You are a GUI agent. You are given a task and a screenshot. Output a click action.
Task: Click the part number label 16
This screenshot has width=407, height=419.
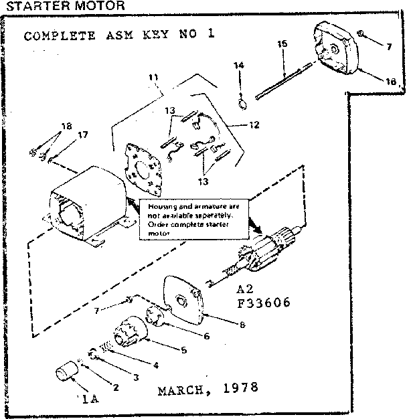click(x=391, y=82)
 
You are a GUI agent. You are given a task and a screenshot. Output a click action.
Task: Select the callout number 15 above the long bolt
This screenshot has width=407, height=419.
click(x=282, y=44)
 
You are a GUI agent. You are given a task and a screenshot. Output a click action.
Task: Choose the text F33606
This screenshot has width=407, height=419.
click(x=263, y=303)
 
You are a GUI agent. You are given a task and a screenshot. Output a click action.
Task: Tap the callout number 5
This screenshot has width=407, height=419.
click(x=183, y=349)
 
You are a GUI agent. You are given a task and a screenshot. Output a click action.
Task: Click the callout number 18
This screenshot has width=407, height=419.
click(x=66, y=126)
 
